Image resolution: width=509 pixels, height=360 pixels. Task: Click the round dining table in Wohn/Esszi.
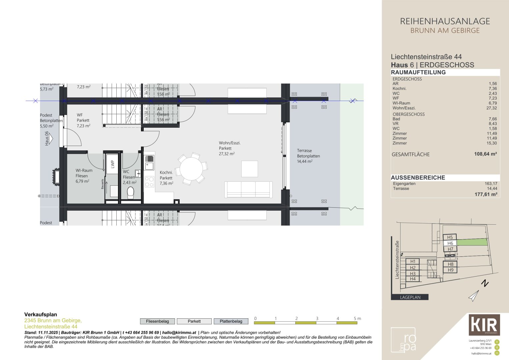(x=191, y=169)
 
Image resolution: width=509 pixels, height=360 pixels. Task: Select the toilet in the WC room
(x=130, y=193)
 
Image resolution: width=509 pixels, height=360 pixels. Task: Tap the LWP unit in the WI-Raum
(x=112, y=164)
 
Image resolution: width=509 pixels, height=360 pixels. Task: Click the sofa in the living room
(x=248, y=189)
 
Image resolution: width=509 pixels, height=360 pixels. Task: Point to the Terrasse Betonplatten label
(x=308, y=156)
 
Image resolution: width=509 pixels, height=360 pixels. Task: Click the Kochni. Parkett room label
(x=166, y=178)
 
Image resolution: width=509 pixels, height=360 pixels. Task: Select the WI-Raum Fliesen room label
(x=84, y=176)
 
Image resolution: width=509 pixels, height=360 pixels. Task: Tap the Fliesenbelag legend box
(x=157, y=321)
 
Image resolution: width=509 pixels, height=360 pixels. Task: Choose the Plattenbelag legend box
(x=231, y=321)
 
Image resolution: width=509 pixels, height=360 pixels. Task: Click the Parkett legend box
(x=194, y=321)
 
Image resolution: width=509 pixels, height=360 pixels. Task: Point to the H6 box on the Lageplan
(x=450, y=243)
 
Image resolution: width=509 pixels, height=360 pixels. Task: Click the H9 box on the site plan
(x=450, y=270)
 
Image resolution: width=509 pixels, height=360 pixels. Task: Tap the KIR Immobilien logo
(x=484, y=325)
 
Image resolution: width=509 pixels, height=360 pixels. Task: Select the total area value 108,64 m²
(x=485, y=154)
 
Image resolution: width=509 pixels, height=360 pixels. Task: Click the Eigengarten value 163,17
(x=491, y=184)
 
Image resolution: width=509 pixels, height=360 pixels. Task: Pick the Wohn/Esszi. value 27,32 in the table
(x=491, y=108)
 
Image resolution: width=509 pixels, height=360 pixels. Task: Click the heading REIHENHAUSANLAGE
(x=445, y=21)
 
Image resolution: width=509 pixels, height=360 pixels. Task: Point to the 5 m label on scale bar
(x=357, y=319)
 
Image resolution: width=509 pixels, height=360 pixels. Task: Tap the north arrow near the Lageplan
(x=474, y=295)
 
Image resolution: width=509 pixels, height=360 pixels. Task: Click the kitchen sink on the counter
(x=149, y=166)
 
